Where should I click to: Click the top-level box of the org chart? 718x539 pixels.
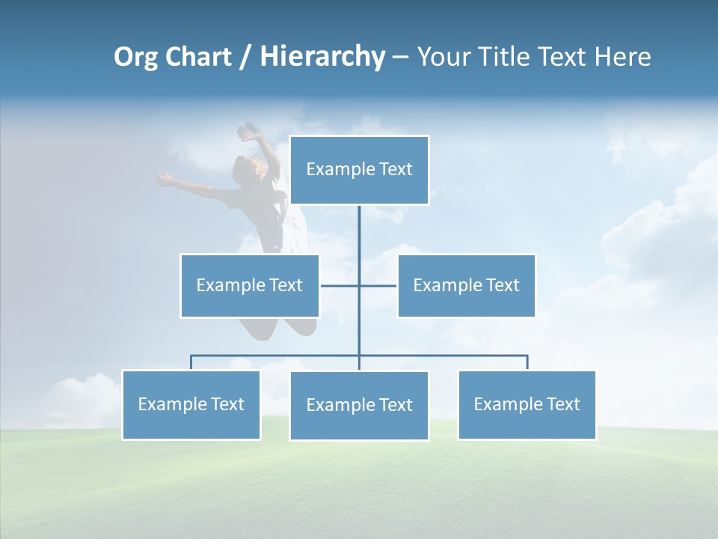click(x=359, y=170)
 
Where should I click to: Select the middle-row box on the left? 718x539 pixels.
click(x=249, y=286)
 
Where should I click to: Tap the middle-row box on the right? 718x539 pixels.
click(x=466, y=286)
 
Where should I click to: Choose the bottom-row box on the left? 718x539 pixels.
click(x=191, y=405)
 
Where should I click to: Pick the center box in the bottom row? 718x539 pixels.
click(x=359, y=406)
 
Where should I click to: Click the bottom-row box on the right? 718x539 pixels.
click(x=527, y=405)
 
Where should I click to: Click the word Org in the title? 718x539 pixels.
click(x=135, y=58)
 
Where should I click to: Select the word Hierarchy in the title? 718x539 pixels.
click(x=322, y=58)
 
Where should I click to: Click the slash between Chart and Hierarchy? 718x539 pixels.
click(x=246, y=58)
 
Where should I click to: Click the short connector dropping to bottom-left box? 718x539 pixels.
click(x=191, y=362)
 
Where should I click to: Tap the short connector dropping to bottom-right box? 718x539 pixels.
click(x=527, y=362)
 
